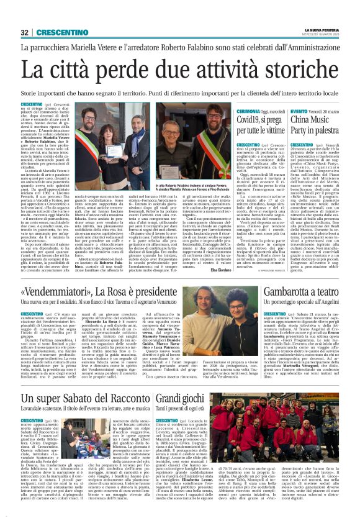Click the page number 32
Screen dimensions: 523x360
[24, 32]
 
